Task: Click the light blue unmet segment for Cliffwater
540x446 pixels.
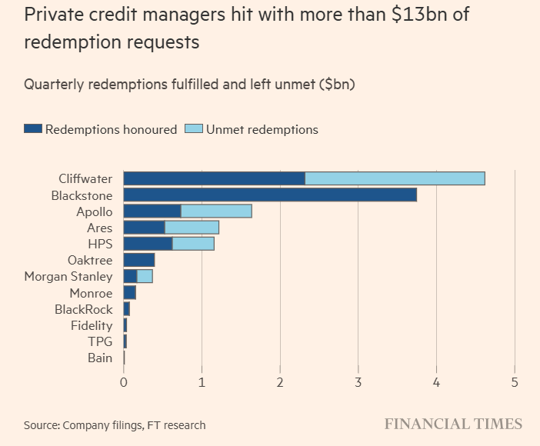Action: pyautogui.click(x=395, y=178)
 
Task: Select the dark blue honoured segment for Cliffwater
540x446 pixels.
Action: pyautogui.click(x=214, y=178)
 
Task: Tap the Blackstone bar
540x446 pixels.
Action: pyautogui.click(x=269, y=195)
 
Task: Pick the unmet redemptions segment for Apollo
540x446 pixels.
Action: pyautogui.click(x=216, y=211)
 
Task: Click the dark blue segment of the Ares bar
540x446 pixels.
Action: pyautogui.click(x=144, y=228)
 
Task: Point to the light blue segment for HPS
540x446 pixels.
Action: pyautogui.click(x=193, y=244)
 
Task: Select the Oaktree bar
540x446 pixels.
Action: pyautogui.click(x=138, y=260)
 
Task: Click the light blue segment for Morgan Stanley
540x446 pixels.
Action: pyautogui.click(x=145, y=277)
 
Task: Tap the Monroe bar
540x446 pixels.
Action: pyautogui.click(x=129, y=293)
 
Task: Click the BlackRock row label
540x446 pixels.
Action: pyautogui.click(x=83, y=309)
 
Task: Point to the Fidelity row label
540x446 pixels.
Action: pyautogui.click(x=91, y=325)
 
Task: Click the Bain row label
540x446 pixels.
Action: pyautogui.click(x=100, y=358)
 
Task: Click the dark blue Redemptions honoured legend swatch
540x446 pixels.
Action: pyautogui.click(x=32, y=129)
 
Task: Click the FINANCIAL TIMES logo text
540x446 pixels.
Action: pyautogui.click(x=453, y=424)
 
